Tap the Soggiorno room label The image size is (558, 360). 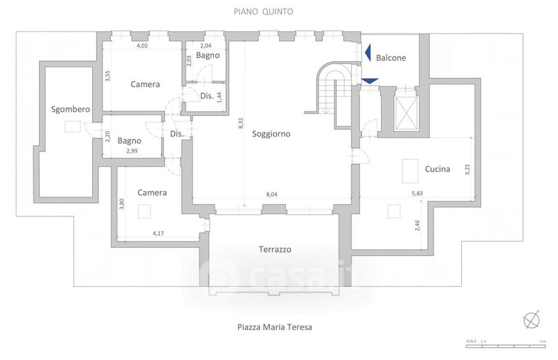(x=271, y=134)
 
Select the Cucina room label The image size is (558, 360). (x=437, y=169)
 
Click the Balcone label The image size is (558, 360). (x=391, y=58)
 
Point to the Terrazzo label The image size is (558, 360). (x=275, y=249)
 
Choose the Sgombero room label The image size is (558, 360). (x=71, y=109)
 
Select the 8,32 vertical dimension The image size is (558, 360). (x=241, y=123)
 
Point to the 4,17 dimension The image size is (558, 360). (x=160, y=234)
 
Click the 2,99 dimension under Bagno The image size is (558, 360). (x=132, y=151)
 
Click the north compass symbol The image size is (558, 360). (x=532, y=319)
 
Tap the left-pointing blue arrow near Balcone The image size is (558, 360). (x=367, y=52)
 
